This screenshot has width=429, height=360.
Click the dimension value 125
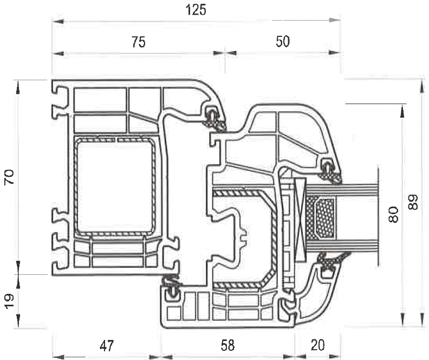pyautogui.click(x=196, y=10)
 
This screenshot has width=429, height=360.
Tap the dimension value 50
pyautogui.click(x=283, y=42)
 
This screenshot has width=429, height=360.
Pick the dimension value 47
pyautogui.click(x=106, y=345)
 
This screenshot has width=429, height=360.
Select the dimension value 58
pyautogui.click(x=227, y=345)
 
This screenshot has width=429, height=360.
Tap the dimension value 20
pyautogui.click(x=318, y=345)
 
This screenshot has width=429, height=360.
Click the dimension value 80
pyautogui.click(x=394, y=215)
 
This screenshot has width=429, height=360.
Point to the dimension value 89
pyautogui.click(x=413, y=203)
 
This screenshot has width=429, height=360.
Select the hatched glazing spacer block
pyautogui.click(x=320, y=218)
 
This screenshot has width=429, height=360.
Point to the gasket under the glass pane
pyautogui.click(x=327, y=263)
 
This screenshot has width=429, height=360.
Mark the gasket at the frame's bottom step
pyautogui.click(x=173, y=287)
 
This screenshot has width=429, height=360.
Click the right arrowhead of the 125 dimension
pyautogui.click(x=336, y=21)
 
